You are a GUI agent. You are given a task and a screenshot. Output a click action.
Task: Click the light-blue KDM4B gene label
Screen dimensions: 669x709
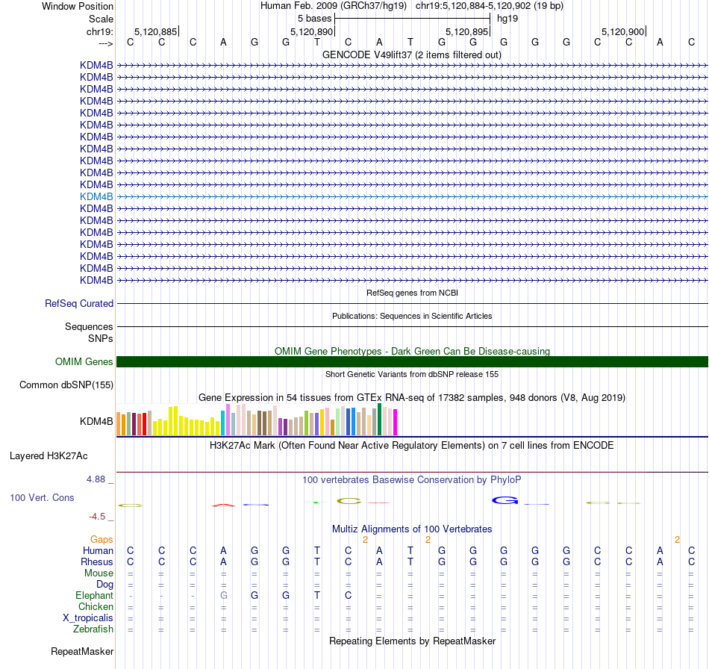pos(96,196)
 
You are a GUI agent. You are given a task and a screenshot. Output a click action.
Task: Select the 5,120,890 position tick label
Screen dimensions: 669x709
pos(311,32)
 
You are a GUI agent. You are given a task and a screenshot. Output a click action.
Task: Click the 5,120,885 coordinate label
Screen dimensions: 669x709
pos(155,32)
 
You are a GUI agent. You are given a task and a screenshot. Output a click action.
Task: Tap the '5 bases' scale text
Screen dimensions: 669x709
pos(314,17)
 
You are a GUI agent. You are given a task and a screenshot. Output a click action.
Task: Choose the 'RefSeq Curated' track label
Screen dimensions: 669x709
pos(79,304)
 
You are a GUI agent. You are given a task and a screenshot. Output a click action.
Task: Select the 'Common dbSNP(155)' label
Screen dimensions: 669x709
pos(66,385)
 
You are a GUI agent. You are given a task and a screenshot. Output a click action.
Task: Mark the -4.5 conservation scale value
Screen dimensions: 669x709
pos(100,517)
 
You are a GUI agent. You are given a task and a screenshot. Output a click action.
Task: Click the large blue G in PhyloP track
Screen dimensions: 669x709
pos(505,500)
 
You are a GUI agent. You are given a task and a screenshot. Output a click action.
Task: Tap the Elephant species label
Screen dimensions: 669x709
pos(94,596)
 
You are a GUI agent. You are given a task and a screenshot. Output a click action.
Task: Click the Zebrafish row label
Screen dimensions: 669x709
pos(93,629)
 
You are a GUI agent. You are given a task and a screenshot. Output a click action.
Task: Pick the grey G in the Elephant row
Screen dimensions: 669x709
pos(223,596)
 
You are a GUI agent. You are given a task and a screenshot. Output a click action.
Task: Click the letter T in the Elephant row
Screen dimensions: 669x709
pos(317,596)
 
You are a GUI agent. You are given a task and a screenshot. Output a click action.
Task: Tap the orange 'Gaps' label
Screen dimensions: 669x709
pos(101,539)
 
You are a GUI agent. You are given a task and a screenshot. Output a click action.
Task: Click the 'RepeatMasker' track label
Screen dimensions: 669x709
pos(82,652)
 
